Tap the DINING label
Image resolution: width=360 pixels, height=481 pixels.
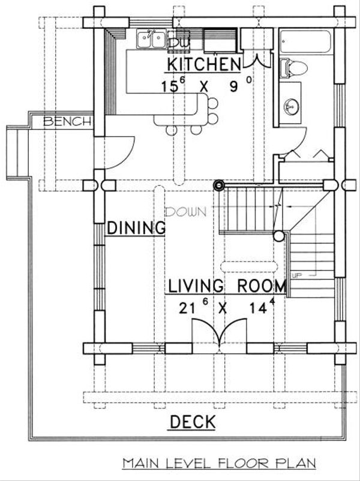pyautogui.click(x=136, y=228)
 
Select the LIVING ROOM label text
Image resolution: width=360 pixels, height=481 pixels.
pyautogui.click(x=227, y=286)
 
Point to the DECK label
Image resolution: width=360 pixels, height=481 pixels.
pyautogui.click(x=193, y=422)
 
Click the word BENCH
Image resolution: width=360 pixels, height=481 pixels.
pyautogui.click(x=68, y=122)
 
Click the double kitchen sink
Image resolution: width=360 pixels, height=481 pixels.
pyautogui.click(x=151, y=39)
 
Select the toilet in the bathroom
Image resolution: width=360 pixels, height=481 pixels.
pyautogui.click(x=294, y=68)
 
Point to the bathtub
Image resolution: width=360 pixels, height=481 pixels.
pyautogui.click(x=305, y=41)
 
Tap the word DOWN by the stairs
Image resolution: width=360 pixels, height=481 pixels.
pyautogui.click(x=185, y=212)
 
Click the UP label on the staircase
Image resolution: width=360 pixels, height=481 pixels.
pyautogui.click(x=297, y=275)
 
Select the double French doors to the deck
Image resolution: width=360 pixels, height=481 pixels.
pyautogui.click(x=220, y=336)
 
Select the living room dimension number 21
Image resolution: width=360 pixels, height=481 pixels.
pyautogui.click(x=187, y=308)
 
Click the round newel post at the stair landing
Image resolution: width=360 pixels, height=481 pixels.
pyautogui.click(x=279, y=236)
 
